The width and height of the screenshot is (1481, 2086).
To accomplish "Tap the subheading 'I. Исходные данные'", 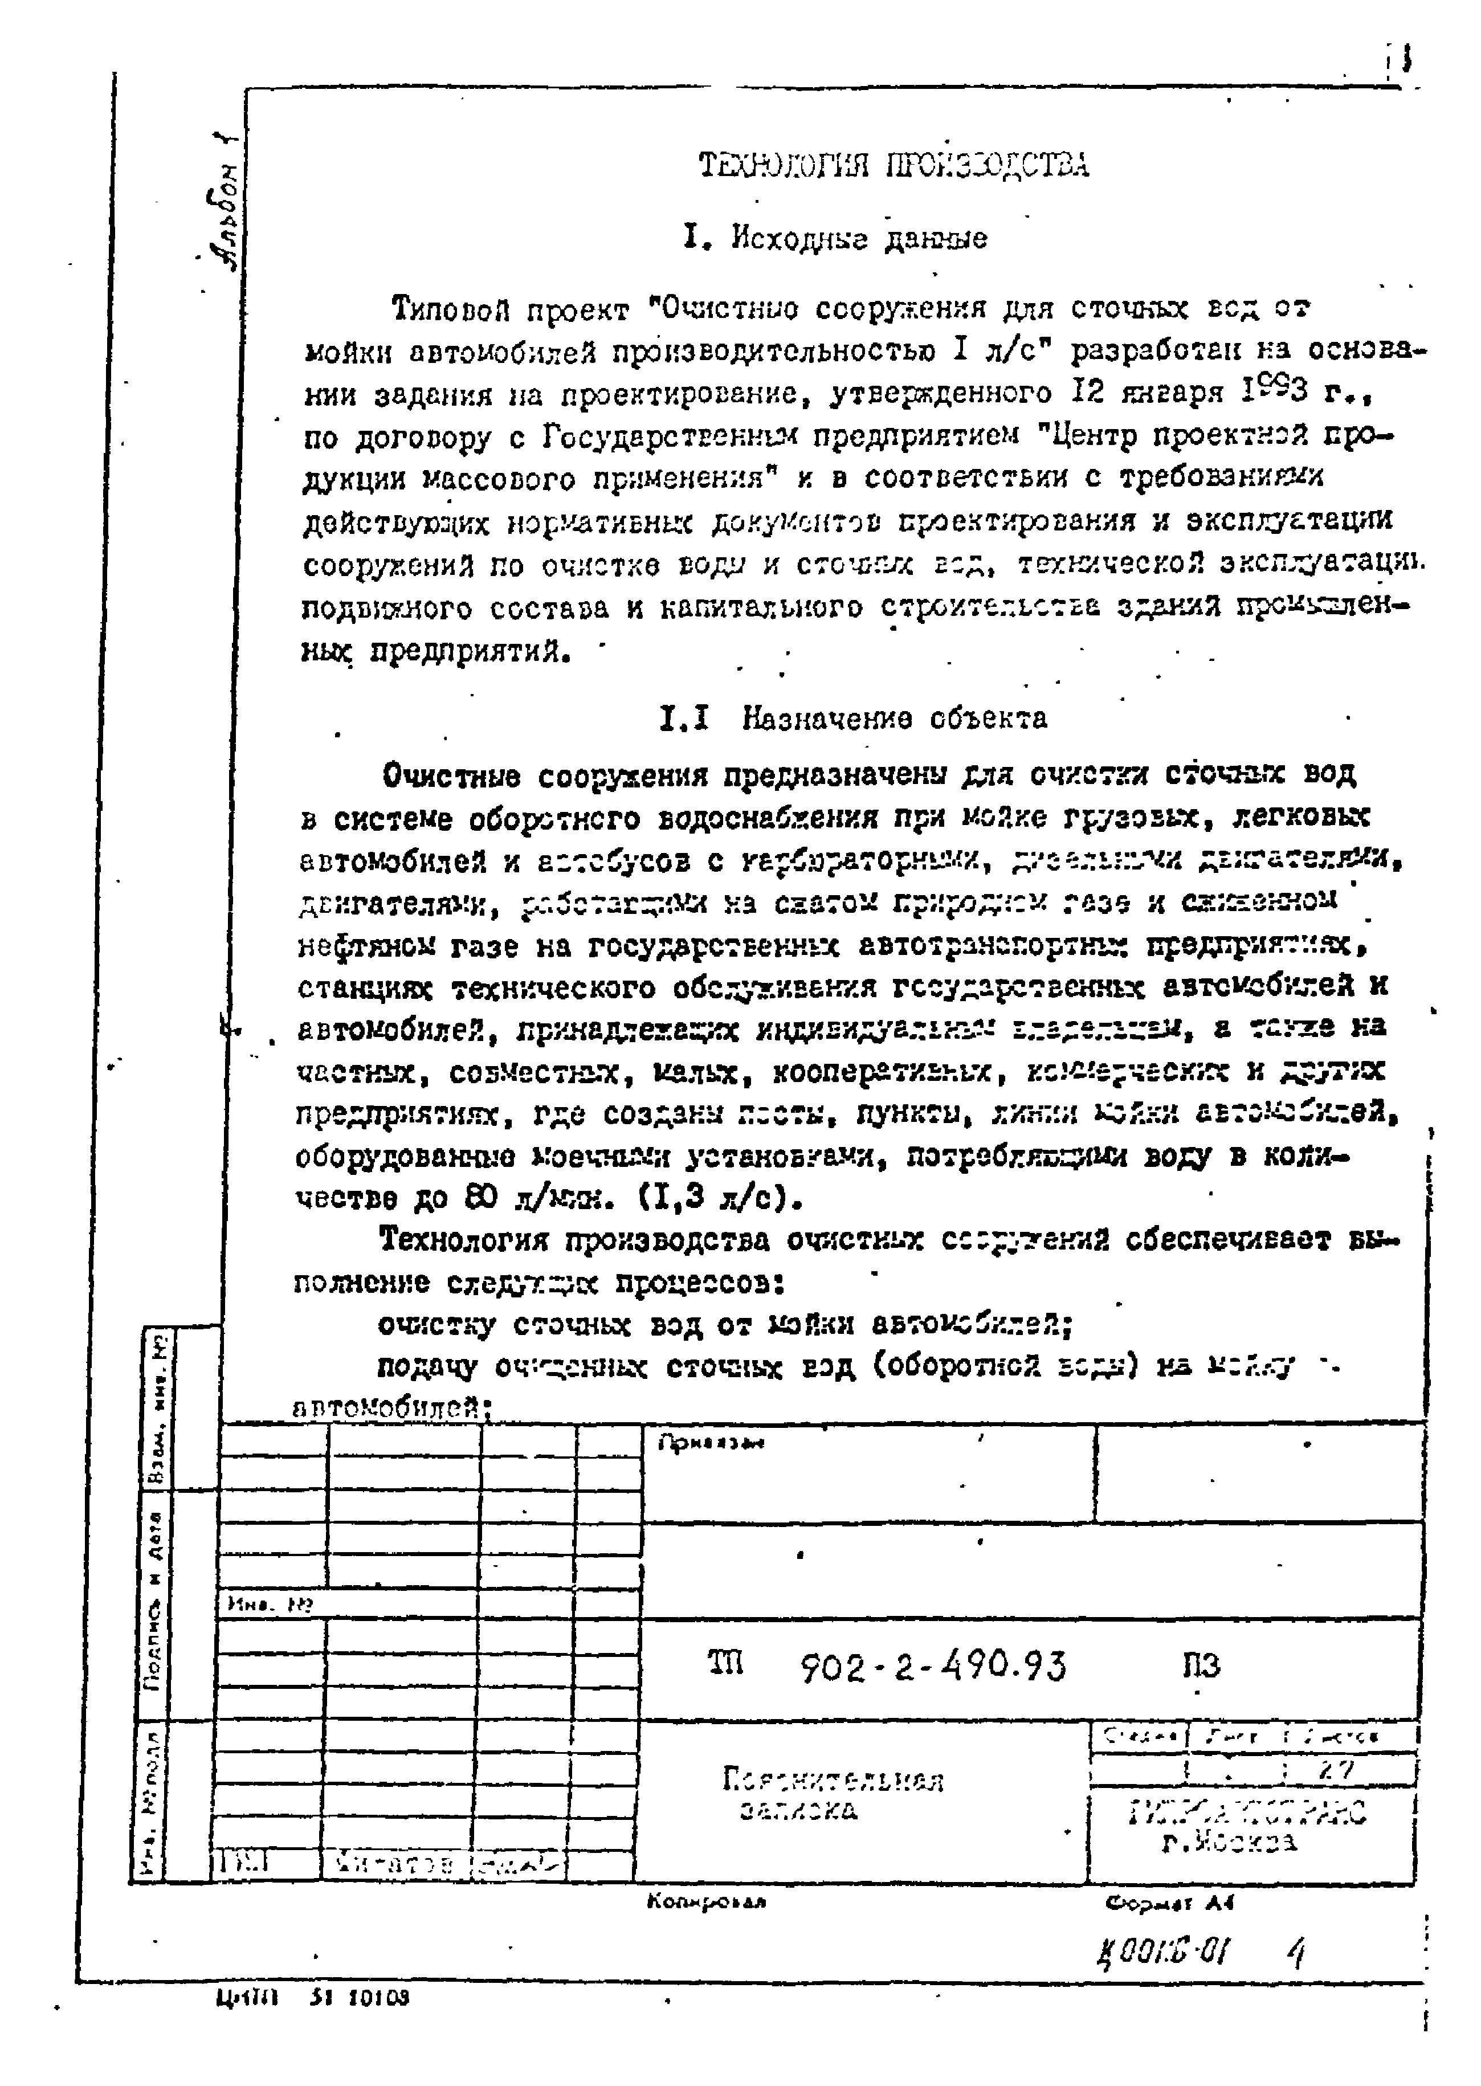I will coord(834,239).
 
